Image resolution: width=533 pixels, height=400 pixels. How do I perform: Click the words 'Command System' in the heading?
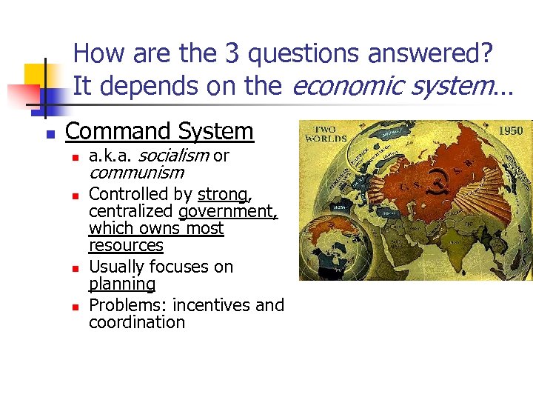click(159, 132)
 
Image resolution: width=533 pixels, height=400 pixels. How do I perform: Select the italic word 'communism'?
click(136, 173)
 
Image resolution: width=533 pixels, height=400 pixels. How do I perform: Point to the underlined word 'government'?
click(228, 212)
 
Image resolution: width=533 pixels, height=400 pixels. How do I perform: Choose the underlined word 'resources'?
click(126, 245)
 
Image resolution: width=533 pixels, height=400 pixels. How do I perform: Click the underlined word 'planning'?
click(122, 284)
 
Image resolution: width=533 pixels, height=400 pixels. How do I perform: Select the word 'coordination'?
click(137, 322)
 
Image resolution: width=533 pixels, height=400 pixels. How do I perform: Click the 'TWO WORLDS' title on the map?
click(326, 134)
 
